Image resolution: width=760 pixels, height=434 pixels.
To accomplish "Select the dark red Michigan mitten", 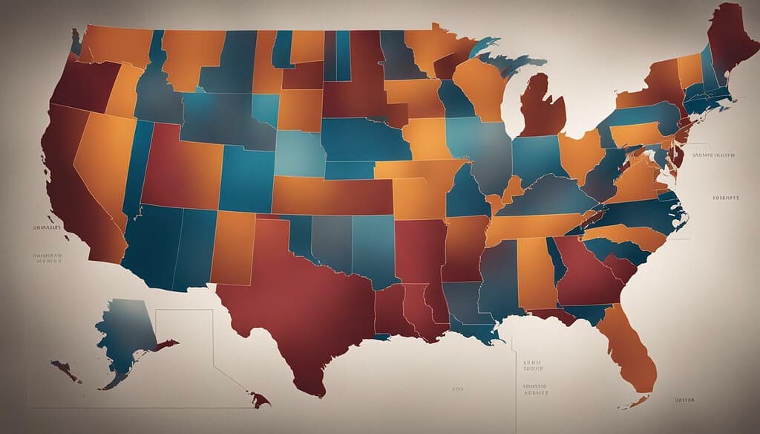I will point(542,108).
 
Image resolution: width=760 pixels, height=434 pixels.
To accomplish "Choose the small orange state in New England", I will point(689,70).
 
